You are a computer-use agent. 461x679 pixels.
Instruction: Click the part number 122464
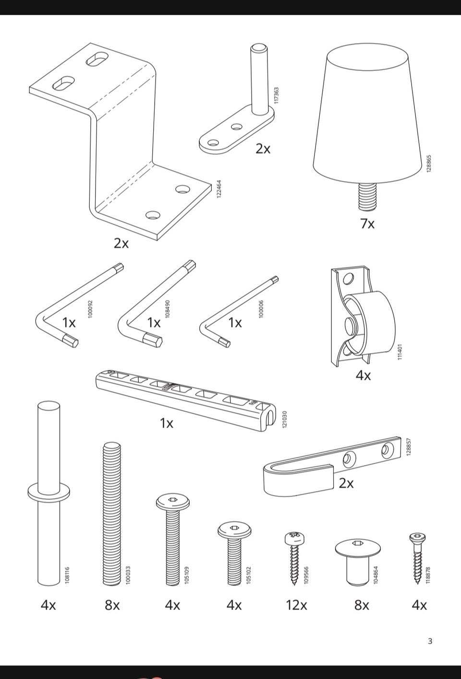click(x=219, y=189)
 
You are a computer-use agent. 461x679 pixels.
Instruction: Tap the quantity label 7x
click(x=367, y=223)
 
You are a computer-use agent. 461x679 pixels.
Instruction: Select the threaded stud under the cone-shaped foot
click(x=367, y=196)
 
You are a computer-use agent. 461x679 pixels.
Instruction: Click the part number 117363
click(x=276, y=95)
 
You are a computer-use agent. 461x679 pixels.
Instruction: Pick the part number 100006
click(x=261, y=309)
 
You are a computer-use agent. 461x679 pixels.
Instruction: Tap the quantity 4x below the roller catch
click(x=363, y=375)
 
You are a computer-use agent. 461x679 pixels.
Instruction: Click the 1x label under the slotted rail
click(x=166, y=423)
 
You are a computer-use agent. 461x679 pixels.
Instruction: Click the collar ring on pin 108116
click(x=49, y=492)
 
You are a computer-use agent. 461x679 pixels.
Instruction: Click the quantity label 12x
click(x=296, y=605)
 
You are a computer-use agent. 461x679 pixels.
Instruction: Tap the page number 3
click(x=430, y=641)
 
